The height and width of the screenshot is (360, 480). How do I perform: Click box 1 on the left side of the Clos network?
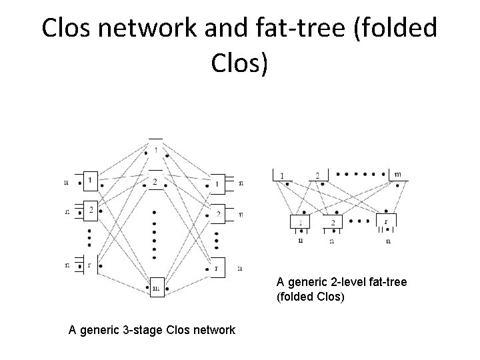click(90, 179)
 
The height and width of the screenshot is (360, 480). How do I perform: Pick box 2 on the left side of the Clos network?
click(90, 210)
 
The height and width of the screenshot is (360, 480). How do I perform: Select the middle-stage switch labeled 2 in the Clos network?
click(155, 181)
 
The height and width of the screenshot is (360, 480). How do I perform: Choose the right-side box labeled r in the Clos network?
click(217, 267)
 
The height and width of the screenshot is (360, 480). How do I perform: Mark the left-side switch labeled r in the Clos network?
click(90, 264)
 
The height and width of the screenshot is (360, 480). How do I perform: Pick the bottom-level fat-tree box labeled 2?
click(331, 223)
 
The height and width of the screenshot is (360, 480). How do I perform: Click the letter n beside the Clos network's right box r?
click(240, 268)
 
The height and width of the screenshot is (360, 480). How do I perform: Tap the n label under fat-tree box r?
click(388, 241)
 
